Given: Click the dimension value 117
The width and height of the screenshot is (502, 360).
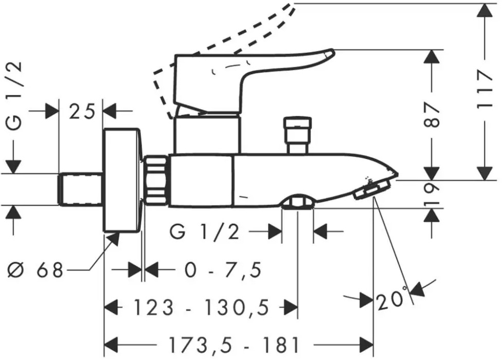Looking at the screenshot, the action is point(484,90).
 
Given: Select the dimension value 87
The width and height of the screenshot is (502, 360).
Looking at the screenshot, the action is point(433,115).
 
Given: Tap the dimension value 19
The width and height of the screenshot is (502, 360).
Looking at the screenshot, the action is point(433,193).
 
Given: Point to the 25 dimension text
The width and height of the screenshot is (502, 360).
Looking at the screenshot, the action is point(82,112).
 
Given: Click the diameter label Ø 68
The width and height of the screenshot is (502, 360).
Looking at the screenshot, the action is point(35,270).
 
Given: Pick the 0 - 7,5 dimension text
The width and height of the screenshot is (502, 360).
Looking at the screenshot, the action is point(223,270).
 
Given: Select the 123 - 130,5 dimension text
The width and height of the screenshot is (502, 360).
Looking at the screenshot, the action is point(201,308).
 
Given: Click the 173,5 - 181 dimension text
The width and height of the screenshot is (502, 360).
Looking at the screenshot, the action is point(234,345).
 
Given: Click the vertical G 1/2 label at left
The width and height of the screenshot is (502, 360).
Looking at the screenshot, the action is point(14,96).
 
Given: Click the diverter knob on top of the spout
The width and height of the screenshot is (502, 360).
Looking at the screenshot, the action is point(297,135).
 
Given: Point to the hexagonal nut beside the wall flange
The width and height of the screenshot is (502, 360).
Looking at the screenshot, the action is point(155,180).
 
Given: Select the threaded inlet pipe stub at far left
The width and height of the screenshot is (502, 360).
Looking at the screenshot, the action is point(81,189).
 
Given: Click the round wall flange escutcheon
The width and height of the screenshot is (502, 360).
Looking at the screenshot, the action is point(122,180).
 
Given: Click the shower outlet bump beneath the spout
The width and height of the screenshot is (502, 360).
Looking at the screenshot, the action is point(298,202).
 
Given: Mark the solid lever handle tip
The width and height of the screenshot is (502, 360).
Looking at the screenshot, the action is point(329,53).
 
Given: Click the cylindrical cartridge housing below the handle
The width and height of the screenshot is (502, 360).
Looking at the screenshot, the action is point(207,134).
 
